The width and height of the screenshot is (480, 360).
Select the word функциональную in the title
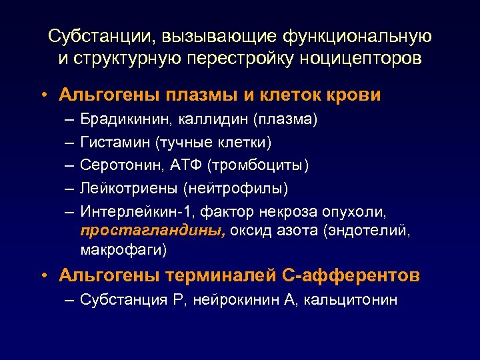point(357,35)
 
